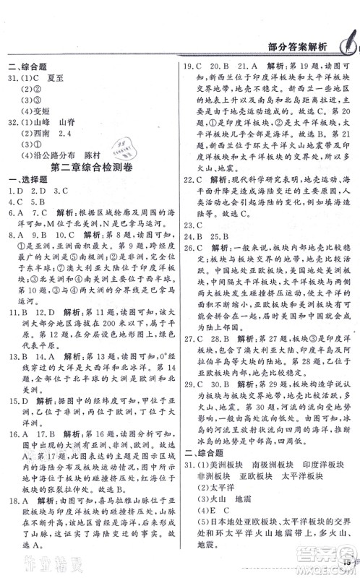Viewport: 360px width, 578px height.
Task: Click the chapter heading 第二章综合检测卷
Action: (89, 168)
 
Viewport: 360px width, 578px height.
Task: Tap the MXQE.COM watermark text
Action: (326, 568)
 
